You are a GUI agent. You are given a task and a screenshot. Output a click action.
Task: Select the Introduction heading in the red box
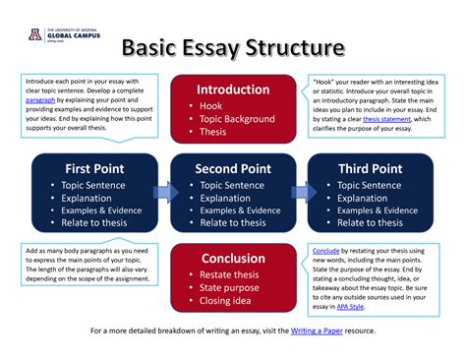click(x=233, y=89)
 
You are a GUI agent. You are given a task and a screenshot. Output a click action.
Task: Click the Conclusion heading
click(x=233, y=259)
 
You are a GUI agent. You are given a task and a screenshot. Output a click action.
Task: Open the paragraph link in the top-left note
click(x=39, y=98)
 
